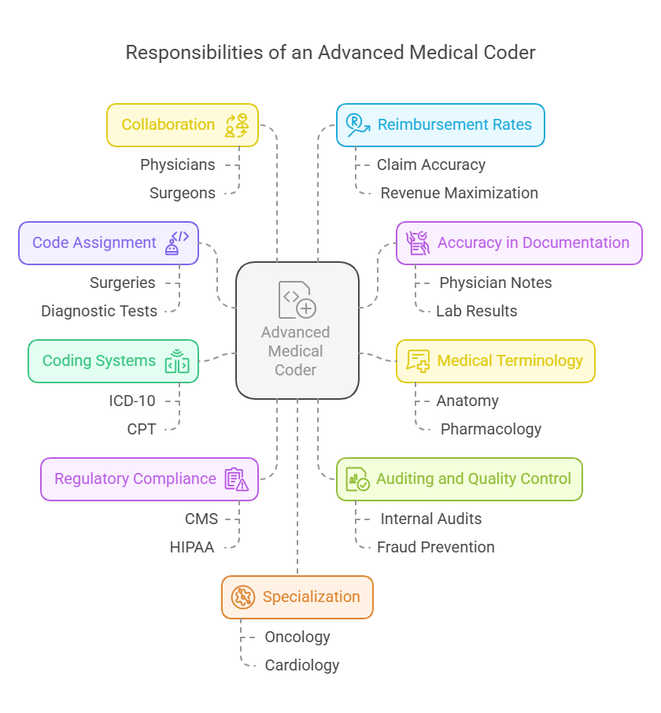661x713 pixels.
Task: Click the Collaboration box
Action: pyautogui.click(x=182, y=125)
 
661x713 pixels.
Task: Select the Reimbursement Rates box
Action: pyautogui.click(x=440, y=125)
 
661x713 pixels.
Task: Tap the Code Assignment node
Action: pyautogui.click(x=108, y=243)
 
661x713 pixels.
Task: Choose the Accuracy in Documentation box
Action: pyautogui.click(x=519, y=243)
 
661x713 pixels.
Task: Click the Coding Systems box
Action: pyautogui.click(x=113, y=361)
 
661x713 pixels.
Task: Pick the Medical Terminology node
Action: pyautogui.click(x=495, y=361)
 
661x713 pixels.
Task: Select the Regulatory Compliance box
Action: pyautogui.click(x=149, y=479)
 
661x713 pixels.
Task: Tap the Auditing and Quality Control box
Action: pyautogui.click(x=459, y=479)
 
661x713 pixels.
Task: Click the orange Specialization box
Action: pyautogui.click(x=297, y=597)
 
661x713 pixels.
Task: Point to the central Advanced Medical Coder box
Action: pyautogui.click(x=297, y=330)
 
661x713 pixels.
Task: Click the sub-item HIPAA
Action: pyautogui.click(x=192, y=547)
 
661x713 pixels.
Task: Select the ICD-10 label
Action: pyautogui.click(x=132, y=401)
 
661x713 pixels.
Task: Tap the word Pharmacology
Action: pyautogui.click(x=491, y=429)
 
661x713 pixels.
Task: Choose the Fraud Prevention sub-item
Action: pyautogui.click(x=436, y=547)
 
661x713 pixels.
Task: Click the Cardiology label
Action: pyautogui.click(x=302, y=665)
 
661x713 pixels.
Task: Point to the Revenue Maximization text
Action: pyautogui.click(x=460, y=193)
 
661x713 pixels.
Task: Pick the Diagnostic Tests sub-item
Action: pyautogui.click(x=99, y=311)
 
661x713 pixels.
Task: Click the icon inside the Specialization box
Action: pyautogui.click(x=243, y=597)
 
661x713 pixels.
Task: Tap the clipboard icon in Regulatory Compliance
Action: pyautogui.click(x=236, y=479)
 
